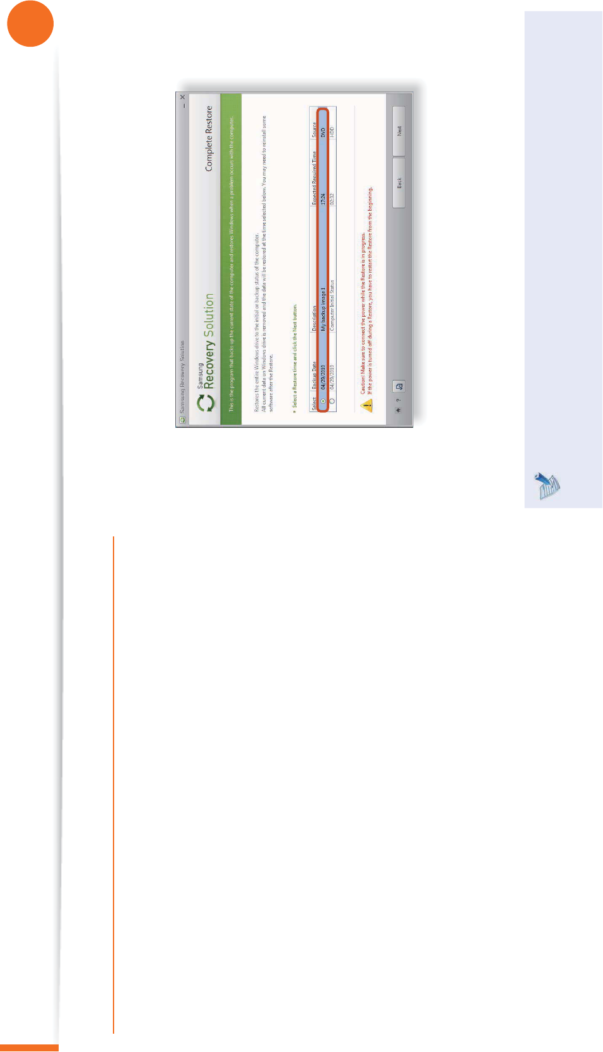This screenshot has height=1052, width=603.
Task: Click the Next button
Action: (399, 131)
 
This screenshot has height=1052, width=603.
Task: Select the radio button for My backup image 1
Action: (323, 401)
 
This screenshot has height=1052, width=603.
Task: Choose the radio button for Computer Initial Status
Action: (332, 401)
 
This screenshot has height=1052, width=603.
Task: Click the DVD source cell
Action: (323, 132)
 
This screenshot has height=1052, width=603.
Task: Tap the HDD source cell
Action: (332, 132)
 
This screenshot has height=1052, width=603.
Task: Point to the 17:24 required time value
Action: (323, 199)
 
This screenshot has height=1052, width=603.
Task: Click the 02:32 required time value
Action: (332, 199)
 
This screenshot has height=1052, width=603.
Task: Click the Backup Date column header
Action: (314, 376)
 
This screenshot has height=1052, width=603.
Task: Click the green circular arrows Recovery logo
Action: (206, 403)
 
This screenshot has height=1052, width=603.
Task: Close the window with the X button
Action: (182, 97)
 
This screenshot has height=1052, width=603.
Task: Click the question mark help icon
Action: (398, 400)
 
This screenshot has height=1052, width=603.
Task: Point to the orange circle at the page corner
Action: (30, 23)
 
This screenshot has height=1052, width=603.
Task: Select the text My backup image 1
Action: (323, 309)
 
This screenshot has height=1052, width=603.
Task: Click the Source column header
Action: (314, 130)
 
